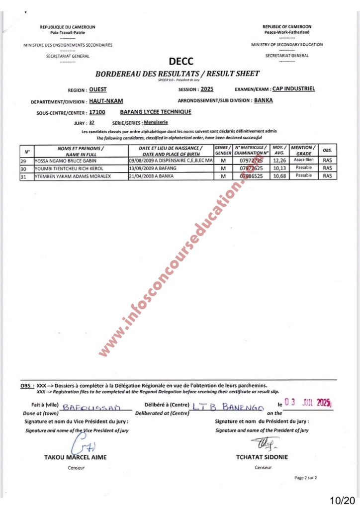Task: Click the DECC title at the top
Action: [x=178, y=62]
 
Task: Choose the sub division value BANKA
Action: [x=264, y=100]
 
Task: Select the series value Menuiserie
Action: [x=156, y=122]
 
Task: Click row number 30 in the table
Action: [x=23, y=169]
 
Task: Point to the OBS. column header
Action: [x=327, y=150]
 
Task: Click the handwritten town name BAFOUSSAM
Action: [x=92, y=408]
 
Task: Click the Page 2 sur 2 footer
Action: [x=305, y=478]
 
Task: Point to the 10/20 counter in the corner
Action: [x=343, y=500]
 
